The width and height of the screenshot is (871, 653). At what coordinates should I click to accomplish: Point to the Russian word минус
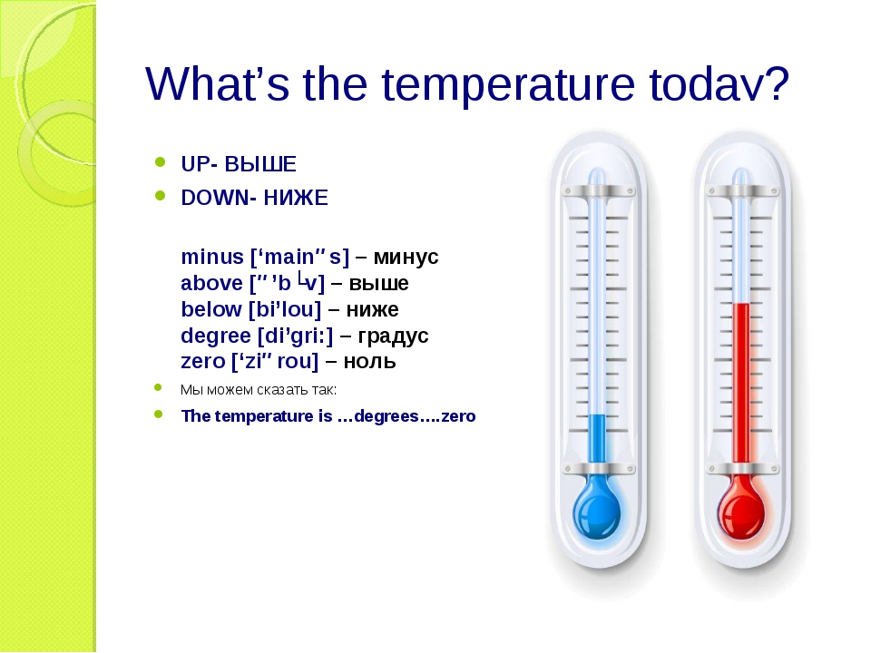point(406,257)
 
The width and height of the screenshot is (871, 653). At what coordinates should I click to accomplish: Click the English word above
point(211,283)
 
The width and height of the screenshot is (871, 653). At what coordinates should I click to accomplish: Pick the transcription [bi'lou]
point(285,309)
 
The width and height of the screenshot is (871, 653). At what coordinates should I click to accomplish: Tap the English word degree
point(216,336)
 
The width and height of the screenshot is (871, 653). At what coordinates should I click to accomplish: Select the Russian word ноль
point(369,362)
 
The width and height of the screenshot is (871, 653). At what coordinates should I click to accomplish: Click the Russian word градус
point(393,336)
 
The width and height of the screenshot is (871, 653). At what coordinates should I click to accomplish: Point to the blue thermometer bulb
point(597,512)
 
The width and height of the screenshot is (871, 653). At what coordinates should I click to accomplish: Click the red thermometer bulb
point(741,512)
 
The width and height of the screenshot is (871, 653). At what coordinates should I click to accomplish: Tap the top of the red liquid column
point(741,304)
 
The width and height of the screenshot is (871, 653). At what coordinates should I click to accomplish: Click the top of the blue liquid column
point(597,414)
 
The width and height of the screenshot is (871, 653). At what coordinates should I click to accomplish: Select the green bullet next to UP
point(160,162)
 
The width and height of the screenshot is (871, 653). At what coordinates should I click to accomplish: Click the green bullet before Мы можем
point(158,387)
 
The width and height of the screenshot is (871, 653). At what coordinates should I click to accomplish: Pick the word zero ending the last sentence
point(459,416)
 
